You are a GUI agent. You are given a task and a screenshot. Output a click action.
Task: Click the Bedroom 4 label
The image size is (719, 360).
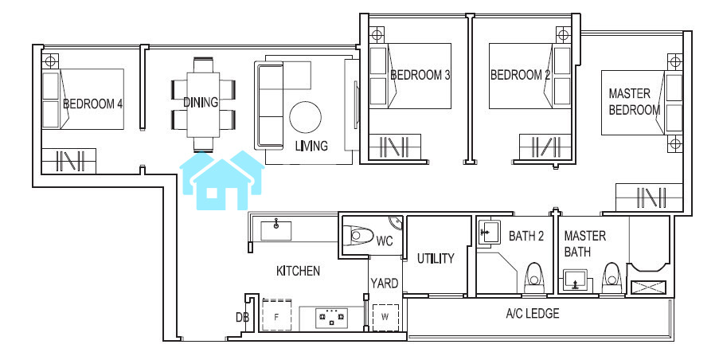[x=92, y=104]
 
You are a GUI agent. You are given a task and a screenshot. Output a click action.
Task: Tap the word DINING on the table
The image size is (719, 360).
[x=201, y=102]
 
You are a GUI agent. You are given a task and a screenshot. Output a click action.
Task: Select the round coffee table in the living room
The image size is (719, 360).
[x=306, y=117]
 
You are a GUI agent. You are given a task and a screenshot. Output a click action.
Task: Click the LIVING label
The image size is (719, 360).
[x=311, y=146]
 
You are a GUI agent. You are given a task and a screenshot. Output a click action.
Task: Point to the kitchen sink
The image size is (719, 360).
[x=276, y=230]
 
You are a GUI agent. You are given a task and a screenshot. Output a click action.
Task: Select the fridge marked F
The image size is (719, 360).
[x=276, y=315]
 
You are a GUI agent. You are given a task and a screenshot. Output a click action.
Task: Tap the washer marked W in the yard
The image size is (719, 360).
[x=385, y=317]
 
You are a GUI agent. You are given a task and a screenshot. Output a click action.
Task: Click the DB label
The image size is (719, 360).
[x=242, y=317]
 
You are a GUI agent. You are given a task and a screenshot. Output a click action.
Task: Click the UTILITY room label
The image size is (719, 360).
[x=436, y=259]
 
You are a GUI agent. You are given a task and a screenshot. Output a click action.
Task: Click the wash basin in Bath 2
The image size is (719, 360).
[x=489, y=232]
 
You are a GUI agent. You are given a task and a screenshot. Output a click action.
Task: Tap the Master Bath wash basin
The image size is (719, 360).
[x=576, y=280]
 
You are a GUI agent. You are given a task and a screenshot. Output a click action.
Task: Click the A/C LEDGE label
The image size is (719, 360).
[x=533, y=314]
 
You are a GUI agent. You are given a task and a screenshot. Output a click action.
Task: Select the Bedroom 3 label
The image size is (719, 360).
[x=420, y=75]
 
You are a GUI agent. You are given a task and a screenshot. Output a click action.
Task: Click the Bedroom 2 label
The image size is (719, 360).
[x=520, y=75]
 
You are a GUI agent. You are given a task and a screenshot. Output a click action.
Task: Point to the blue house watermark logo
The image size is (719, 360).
[x=222, y=180]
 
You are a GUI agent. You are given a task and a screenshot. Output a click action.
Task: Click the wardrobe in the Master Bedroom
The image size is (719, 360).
[x=649, y=198]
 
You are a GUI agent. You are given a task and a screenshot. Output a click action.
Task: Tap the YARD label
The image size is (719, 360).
[x=385, y=284]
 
